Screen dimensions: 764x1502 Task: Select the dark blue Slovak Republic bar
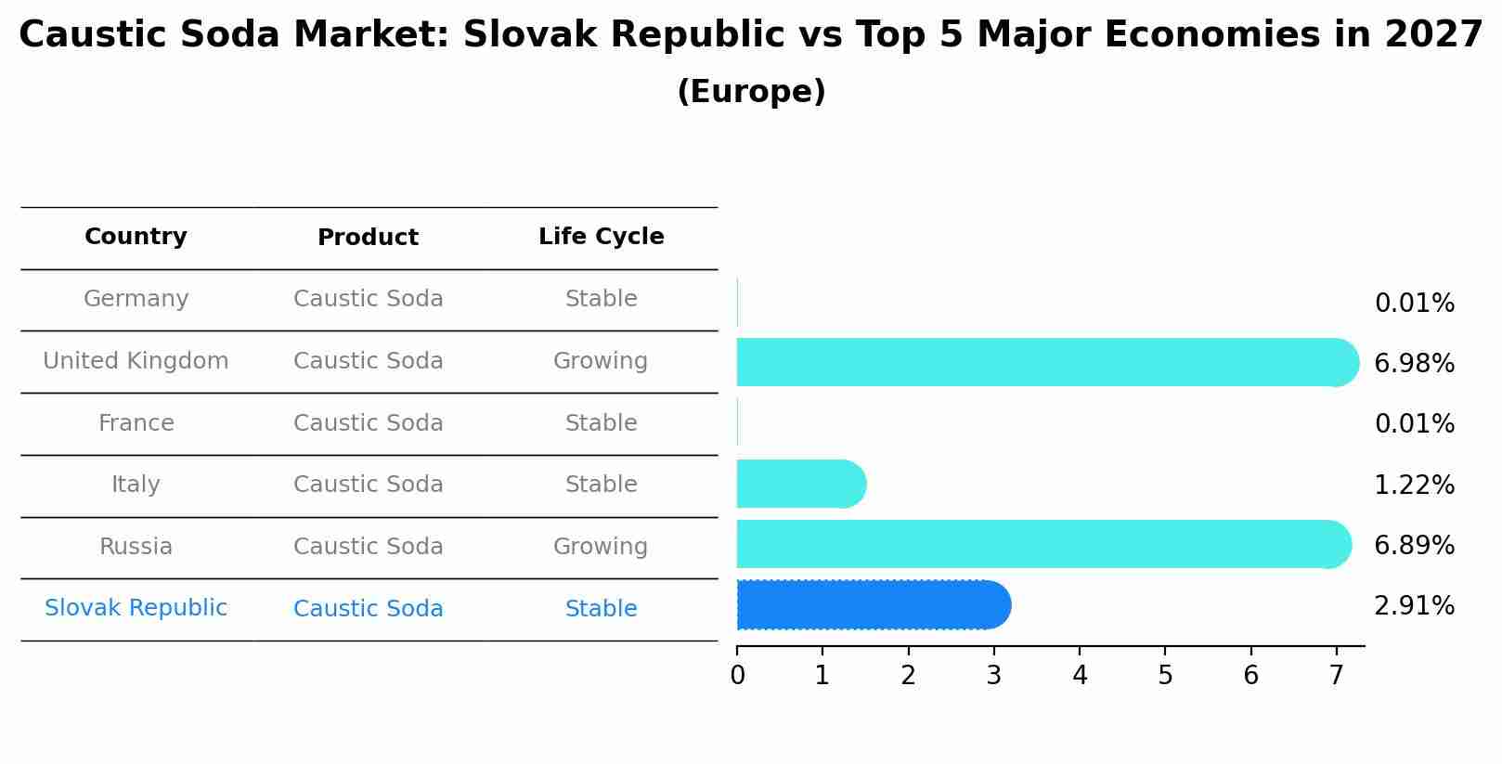point(873,605)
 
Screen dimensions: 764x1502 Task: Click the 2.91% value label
point(1414,606)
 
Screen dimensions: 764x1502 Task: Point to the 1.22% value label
point(1414,485)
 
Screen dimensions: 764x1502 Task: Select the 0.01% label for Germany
point(1414,304)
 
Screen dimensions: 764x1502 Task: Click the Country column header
point(136,237)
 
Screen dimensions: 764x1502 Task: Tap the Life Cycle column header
point(601,237)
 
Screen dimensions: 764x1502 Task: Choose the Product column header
point(368,238)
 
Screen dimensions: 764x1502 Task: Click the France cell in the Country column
point(136,423)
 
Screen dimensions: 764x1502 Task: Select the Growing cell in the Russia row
point(601,547)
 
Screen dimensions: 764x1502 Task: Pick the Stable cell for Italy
point(601,485)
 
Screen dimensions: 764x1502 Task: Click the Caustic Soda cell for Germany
point(368,299)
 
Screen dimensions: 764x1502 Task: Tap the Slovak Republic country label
point(136,608)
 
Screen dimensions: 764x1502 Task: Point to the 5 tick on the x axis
point(1165,676)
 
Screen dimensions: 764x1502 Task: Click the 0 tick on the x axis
point(737,676)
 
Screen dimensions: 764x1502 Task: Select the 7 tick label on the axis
point(1336,676)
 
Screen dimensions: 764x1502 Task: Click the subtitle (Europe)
point(751,92)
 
